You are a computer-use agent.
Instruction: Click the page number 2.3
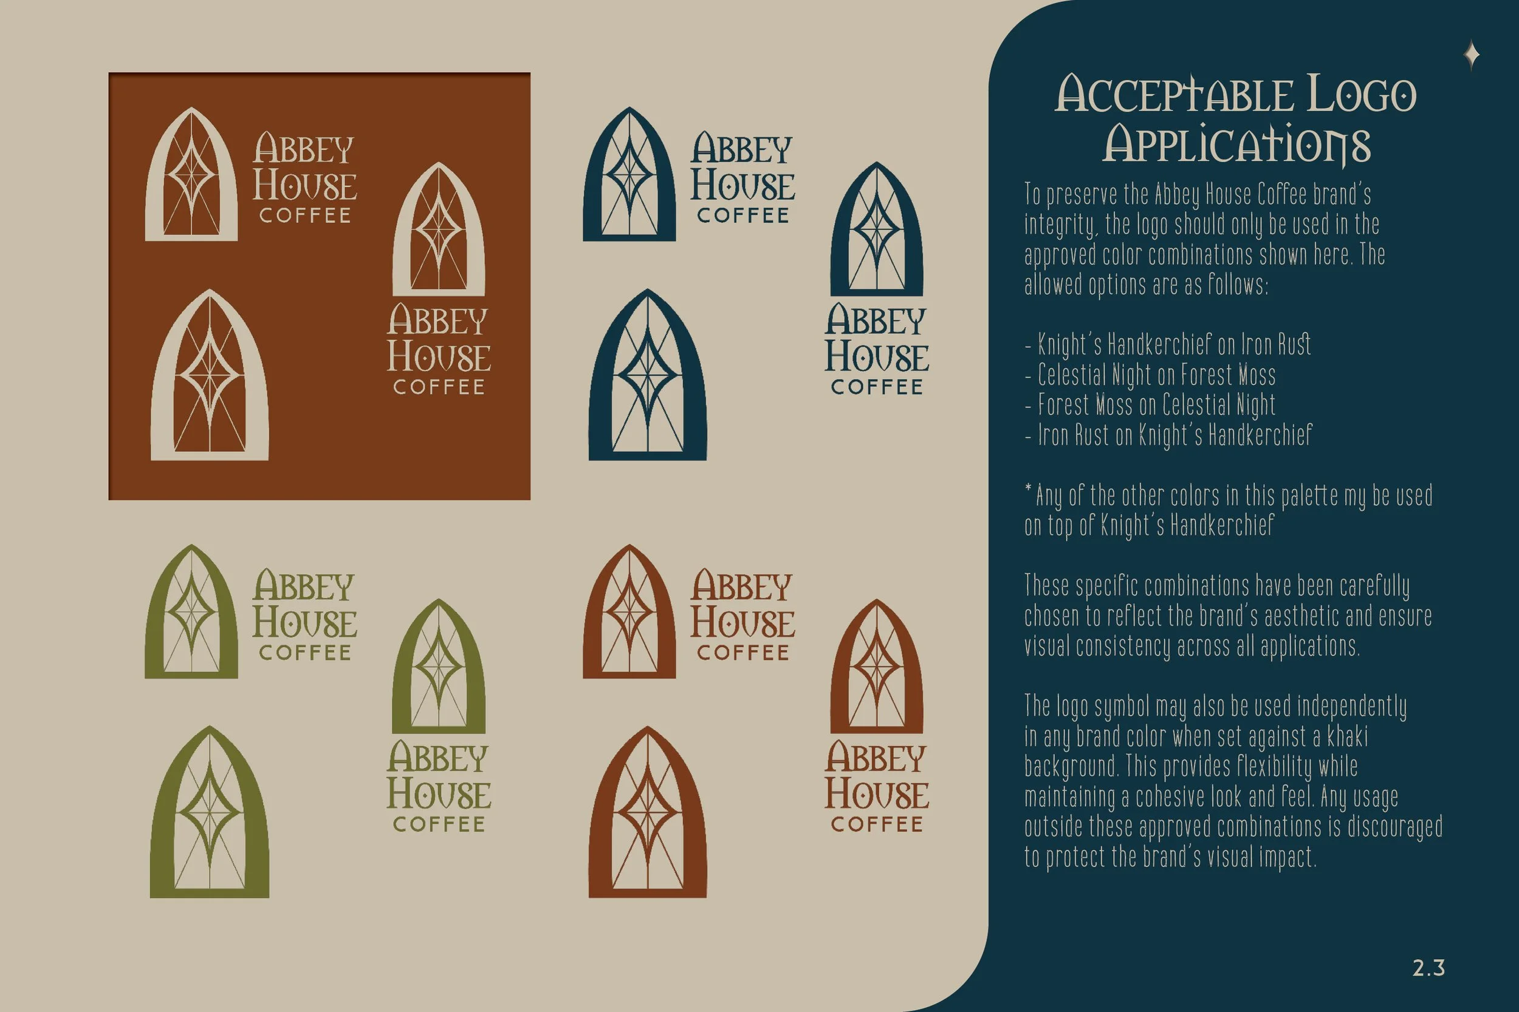point(1428,968)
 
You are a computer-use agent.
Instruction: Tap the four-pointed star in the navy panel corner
point(1472,55)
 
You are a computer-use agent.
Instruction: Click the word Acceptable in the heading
point(1173,95)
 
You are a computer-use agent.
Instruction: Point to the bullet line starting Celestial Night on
point(1156,375)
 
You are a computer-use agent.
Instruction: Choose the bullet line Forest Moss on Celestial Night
point(1156,406)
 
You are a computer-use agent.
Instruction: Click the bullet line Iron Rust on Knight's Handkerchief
point(1174,435)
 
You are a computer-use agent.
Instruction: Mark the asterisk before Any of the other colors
point(1028,491)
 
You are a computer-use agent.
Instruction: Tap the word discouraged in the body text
point(1395,827)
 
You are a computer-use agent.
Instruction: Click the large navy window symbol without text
point(648,376)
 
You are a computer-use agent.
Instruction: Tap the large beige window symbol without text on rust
point(209,376)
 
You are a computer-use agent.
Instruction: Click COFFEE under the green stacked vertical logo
point(439,824)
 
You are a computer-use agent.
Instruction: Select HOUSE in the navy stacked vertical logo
point(876,357)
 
